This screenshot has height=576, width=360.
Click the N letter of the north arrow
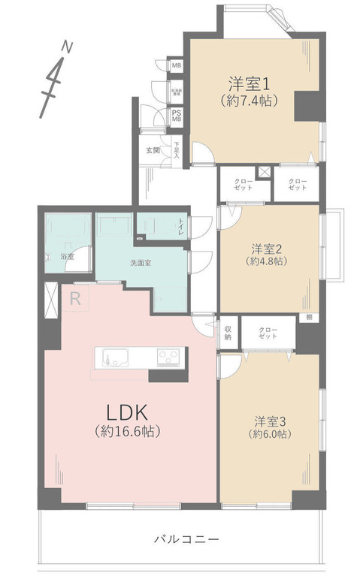coord(67,47)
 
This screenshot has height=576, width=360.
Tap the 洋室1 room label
coord(247,82)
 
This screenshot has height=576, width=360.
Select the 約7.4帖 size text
coord(247,100)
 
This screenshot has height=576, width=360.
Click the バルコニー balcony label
coord(185,539)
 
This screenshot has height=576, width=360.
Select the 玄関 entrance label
coord(153,150)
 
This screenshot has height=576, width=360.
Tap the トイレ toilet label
coord(180,223)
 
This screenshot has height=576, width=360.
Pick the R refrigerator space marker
coord(75,297)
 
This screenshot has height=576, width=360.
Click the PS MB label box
coord(177,115)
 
